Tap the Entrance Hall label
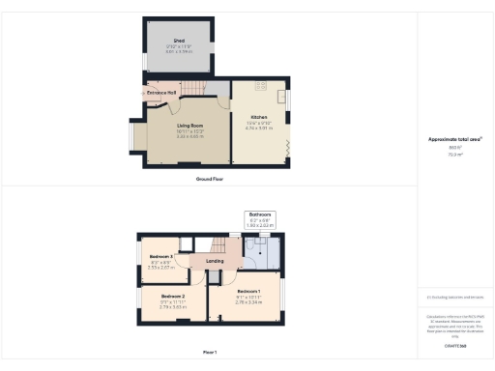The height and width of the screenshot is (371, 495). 160,93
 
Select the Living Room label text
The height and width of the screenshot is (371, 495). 189,127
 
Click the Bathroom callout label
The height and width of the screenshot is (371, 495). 261,214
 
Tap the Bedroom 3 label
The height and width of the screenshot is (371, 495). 161,256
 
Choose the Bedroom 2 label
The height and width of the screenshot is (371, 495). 173,295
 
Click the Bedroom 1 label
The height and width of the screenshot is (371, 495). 248,291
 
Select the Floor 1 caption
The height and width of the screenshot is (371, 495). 210,352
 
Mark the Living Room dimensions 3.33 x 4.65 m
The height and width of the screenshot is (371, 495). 189,137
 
